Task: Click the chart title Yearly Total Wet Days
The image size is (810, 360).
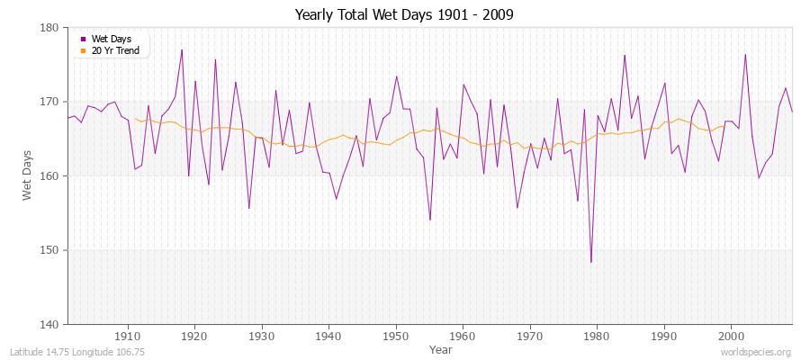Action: click(x=404, y=15)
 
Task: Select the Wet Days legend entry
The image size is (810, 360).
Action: click(x=111, y=39)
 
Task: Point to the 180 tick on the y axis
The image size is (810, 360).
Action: click(x=49, y=28)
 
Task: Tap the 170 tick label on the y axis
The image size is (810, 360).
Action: click(x=49, y=102)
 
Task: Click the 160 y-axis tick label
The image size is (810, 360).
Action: click(x=49, y=175)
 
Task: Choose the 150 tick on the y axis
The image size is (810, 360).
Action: click(x=49, y=250)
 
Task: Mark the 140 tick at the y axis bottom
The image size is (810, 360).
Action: click(x=49, y=324)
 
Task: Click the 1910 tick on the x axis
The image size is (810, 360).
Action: click(x=128, y=336)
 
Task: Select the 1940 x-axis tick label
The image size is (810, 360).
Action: click(x=328, y=336)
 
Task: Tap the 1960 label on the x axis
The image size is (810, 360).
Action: click(x=463, y=336)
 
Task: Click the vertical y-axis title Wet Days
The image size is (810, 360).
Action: click(x=27, y=175)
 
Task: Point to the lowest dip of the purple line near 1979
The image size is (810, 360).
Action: click(x=591, y=262)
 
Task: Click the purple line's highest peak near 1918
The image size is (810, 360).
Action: click(x=182, y=49)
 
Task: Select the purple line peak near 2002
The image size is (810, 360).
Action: click(x=745, y=54)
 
